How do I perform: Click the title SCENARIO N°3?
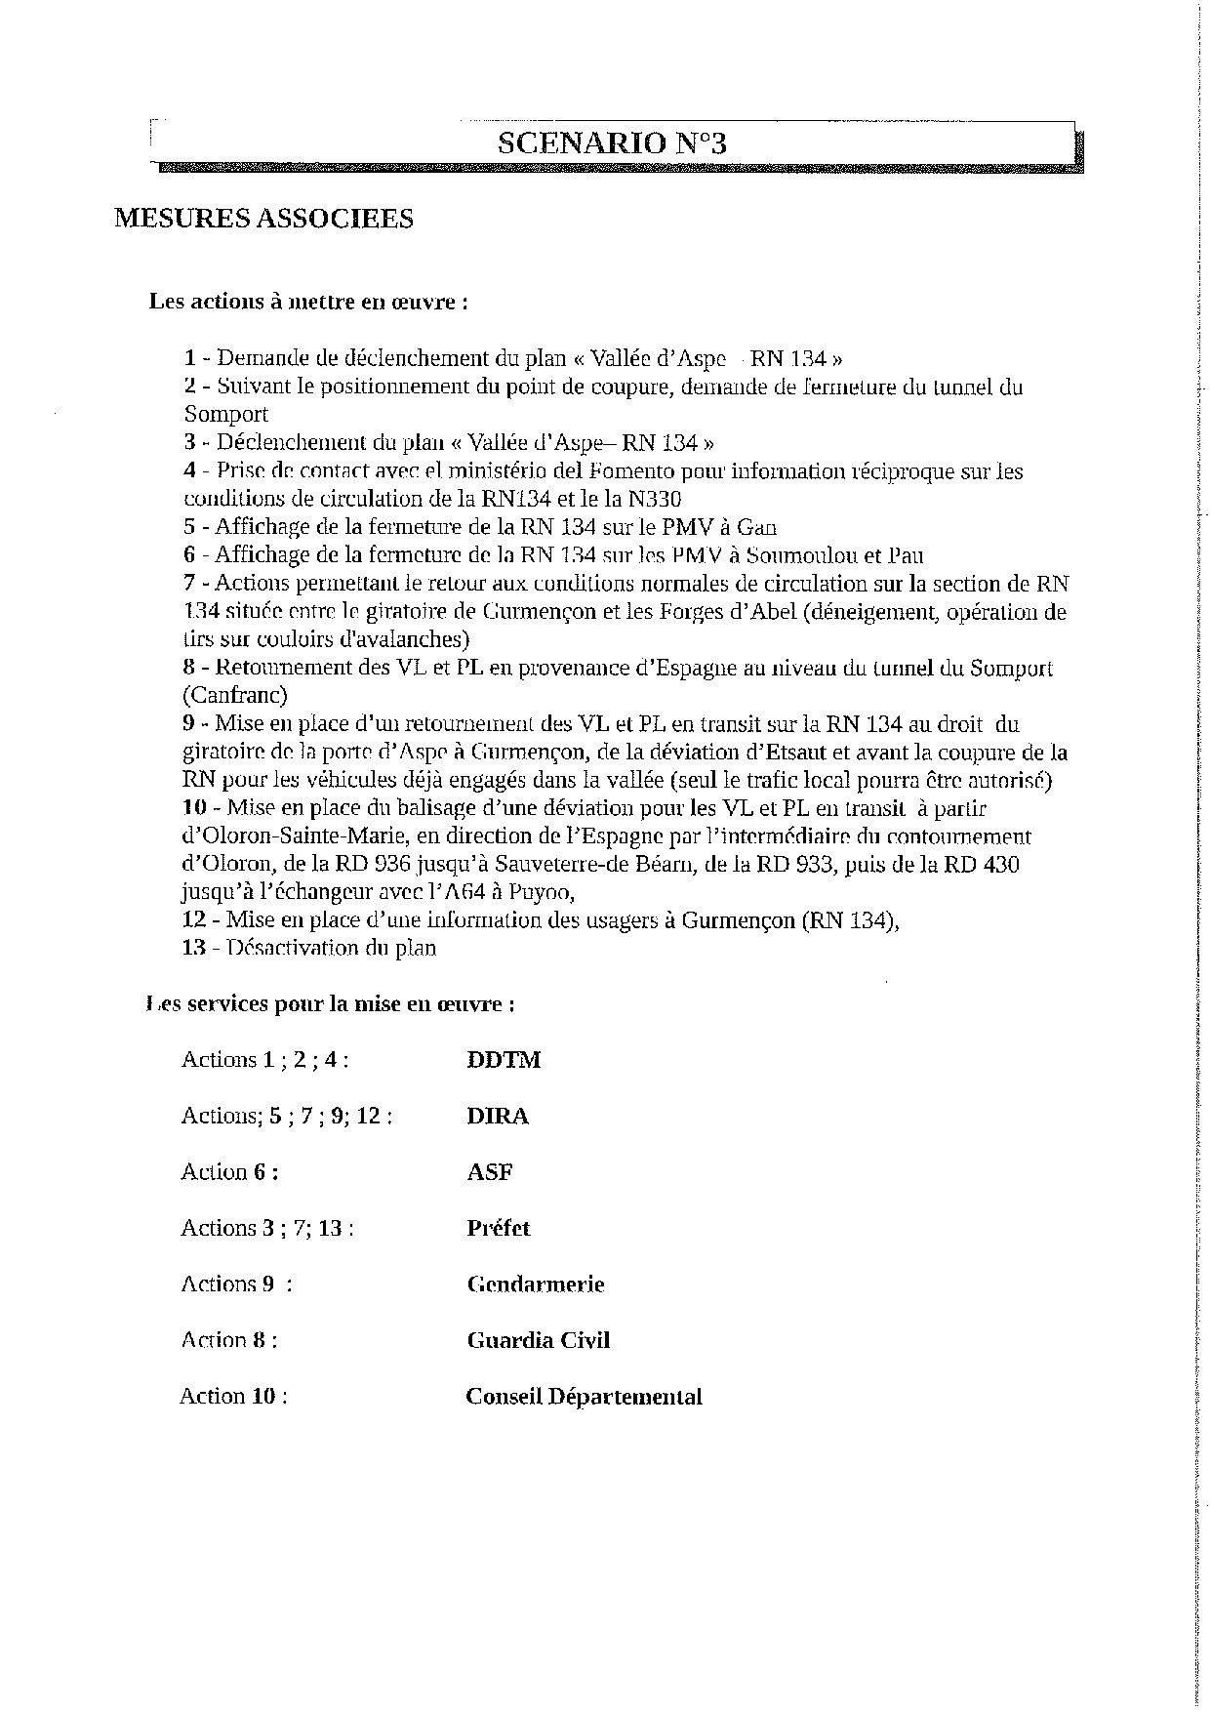coord(612,144)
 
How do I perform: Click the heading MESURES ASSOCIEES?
coord(263,218)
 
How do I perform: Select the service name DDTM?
coord(504,1060)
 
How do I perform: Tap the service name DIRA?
coord(498,1116)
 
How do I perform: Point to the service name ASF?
coord(490,1172)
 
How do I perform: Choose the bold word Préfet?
coord(499,1228)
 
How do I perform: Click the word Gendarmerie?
coord(536,1284)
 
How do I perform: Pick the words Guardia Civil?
coord(539,1340)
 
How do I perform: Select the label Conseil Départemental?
coord(584,1397)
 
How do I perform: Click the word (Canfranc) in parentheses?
coord(234,696)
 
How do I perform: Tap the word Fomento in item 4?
coord(632,471)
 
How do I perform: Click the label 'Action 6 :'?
coord(229,1172)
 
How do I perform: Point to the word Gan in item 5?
coord(756,528)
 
